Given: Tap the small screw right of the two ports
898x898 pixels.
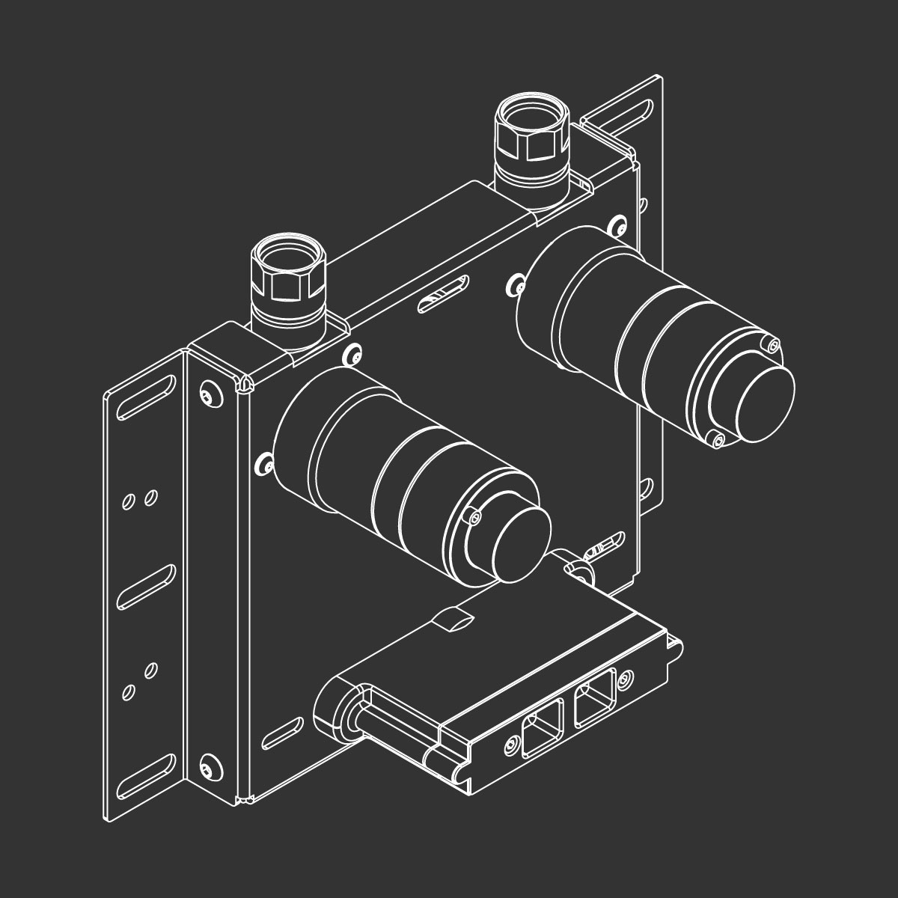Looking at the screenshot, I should pos(626,676).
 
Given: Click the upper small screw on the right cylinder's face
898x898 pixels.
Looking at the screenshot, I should pos(773,345).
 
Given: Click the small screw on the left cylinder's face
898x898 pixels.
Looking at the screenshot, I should pos(474,518).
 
